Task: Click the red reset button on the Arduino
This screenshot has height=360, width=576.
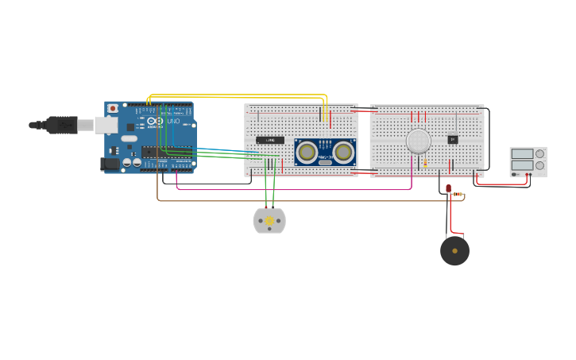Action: coord(112,108)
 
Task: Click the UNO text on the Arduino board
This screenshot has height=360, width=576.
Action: coord(173,121)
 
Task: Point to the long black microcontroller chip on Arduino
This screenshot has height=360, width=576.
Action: coord(161,152)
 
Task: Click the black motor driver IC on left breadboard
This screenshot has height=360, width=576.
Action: coord(270,140)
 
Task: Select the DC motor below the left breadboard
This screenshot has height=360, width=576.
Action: coord(269,220)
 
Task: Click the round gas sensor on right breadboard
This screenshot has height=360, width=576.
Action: coord(419,141)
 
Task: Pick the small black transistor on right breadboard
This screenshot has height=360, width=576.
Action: coord(453,140)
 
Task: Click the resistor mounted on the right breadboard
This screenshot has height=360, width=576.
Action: coord(425,163)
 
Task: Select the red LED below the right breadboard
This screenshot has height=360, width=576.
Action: coord(448,188)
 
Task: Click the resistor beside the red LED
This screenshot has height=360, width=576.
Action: coord(458,195)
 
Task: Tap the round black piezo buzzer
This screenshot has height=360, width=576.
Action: coord(454,250)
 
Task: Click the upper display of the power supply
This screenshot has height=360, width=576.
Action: coord(522,154)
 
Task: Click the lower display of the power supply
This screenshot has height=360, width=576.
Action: coord(522,165)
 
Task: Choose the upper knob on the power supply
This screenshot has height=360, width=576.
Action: coord(540,154)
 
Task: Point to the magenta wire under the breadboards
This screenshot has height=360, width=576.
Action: coord(294,190)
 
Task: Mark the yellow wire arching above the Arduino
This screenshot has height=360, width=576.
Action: coord(238,95)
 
